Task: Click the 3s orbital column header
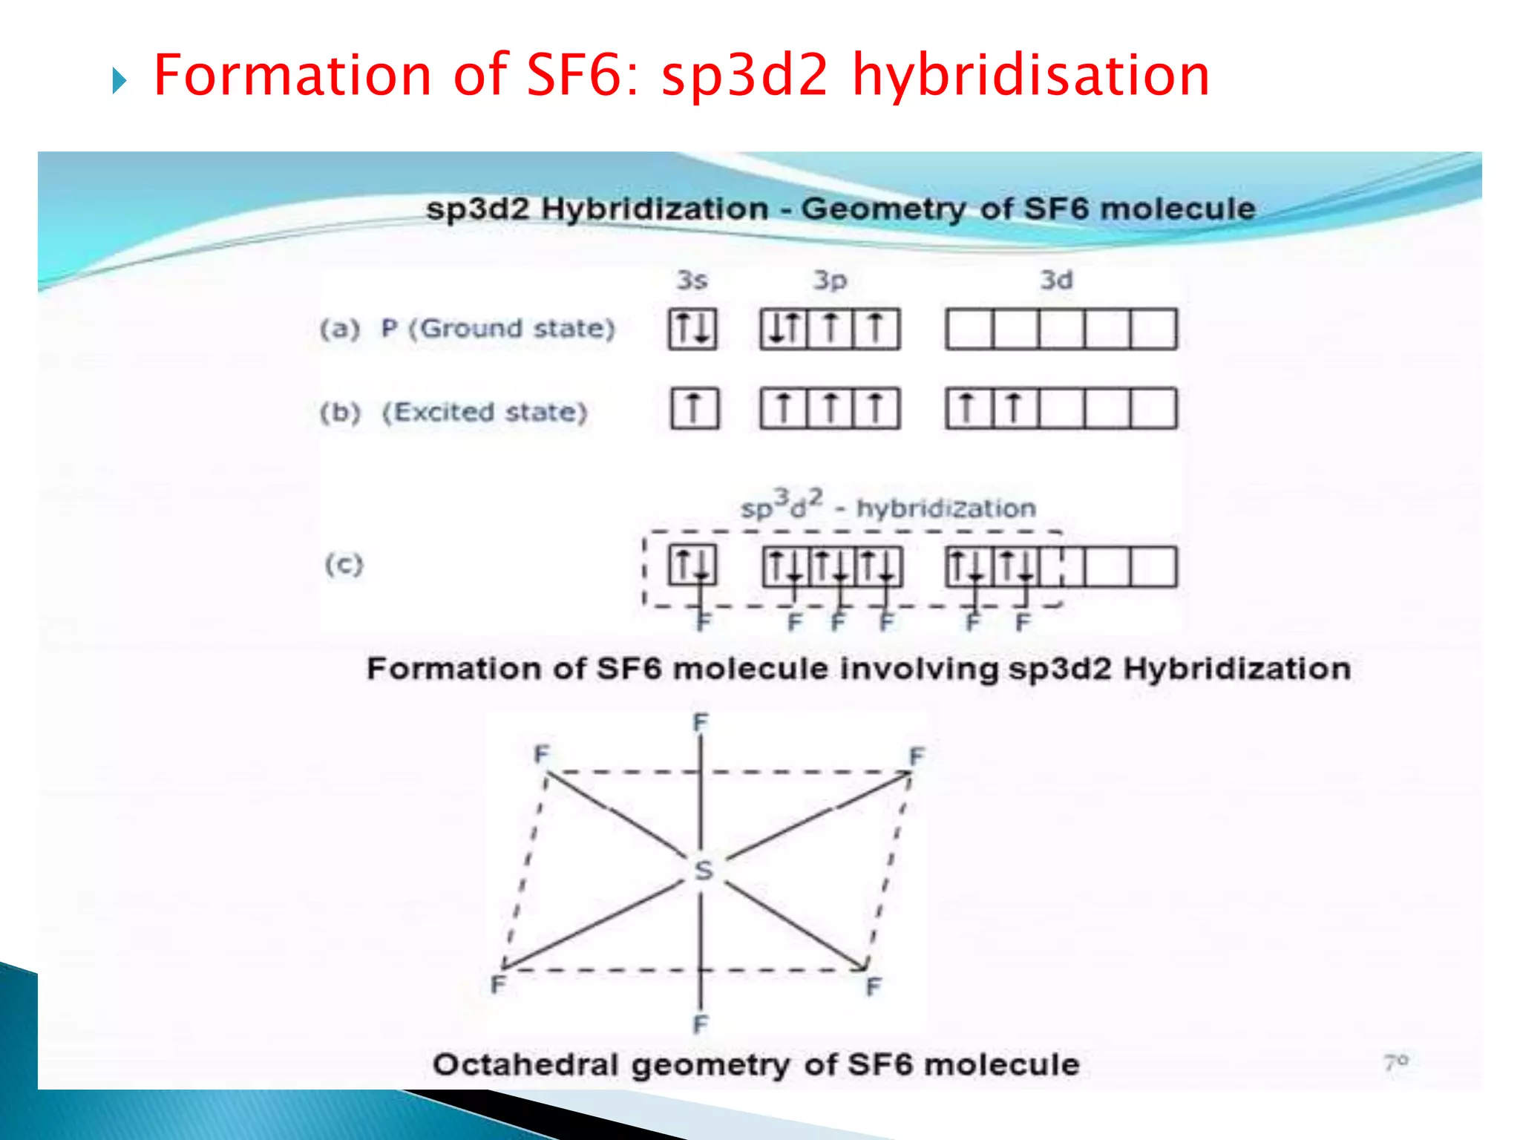coord(692,280)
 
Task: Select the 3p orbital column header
coord(830,280)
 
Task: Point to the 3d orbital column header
coord(1056,280)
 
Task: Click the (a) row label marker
coord(340,328)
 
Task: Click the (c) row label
coord(344,565)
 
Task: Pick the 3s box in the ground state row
coord(692,329)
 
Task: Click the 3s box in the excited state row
coord(695,408)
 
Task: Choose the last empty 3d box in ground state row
coord(1153,329)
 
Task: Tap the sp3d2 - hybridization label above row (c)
coord(888,506)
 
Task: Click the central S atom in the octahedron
coord(703,870)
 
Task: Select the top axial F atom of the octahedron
coord(701,721)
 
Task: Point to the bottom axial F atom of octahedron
coord(700,1024)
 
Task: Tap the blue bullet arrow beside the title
coord(119,81)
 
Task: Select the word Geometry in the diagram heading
coord(883,209)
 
